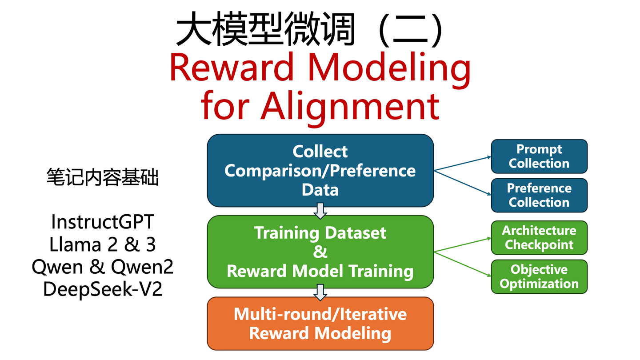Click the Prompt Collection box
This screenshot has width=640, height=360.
click(539, 156)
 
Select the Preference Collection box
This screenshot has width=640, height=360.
click(539, 196)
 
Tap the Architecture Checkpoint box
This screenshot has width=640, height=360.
click(539, 238)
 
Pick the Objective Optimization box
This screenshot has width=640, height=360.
click(539, 276)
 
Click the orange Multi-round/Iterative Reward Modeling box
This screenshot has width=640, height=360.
click(320, 324)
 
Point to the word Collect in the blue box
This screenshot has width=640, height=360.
click(320, 152)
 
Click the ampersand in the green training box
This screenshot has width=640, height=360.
click(320, 252)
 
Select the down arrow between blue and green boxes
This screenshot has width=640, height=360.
click(320, 211)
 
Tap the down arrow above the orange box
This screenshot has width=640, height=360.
click(320, 292)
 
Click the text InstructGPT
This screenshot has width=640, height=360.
click(103, 221)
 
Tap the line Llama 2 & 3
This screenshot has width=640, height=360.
click(103, 244)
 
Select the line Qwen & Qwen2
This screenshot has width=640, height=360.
click(103, 267)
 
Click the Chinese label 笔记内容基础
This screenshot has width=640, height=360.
click(103, 178)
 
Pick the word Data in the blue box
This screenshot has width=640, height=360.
click(320, 190)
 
